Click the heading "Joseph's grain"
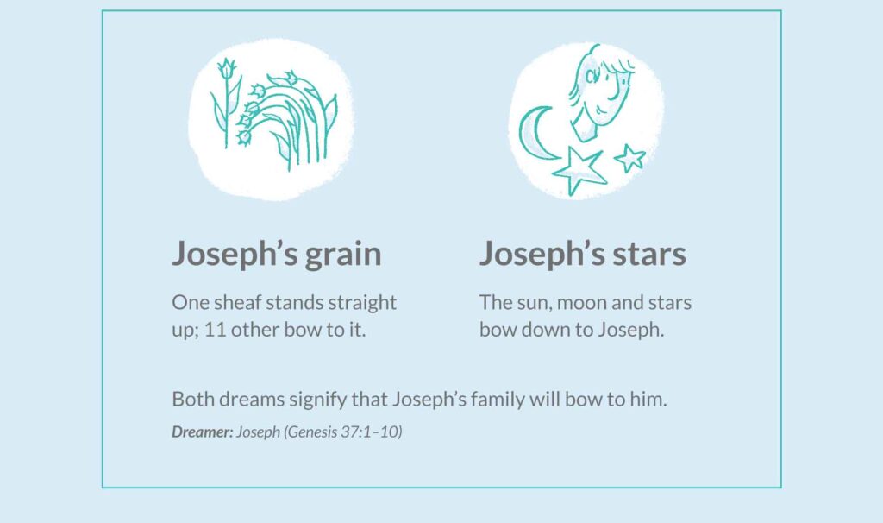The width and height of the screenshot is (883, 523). tap(277, 254)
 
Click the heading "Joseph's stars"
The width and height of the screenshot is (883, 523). tap(583, 254)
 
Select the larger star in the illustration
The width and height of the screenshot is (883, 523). tap(578, 170)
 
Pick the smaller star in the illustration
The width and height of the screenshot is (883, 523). tap(629, 158)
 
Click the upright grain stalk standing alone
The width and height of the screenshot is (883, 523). tap(227, 102)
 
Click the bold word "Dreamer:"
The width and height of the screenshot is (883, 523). tap(202, 432)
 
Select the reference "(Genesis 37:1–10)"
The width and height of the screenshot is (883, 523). tap(343, 432)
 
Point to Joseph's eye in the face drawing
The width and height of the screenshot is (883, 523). tap(592, 76)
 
